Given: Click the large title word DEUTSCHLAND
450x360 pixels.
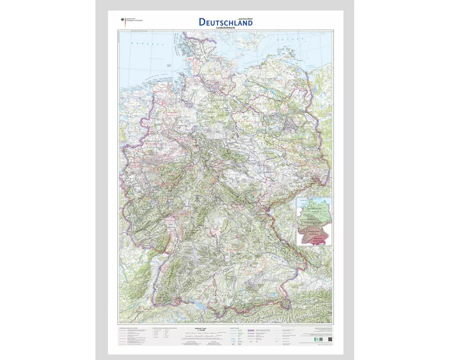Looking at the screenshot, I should pyautogui.click(x=225, y=22).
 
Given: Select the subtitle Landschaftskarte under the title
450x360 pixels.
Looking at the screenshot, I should pyautogui.click(x=225, y=28).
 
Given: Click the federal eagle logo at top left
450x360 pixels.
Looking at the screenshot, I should pyautogui.click(x=121, y=20).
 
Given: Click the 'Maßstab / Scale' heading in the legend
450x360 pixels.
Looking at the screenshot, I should pyautogui.click(x=207, y=329).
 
